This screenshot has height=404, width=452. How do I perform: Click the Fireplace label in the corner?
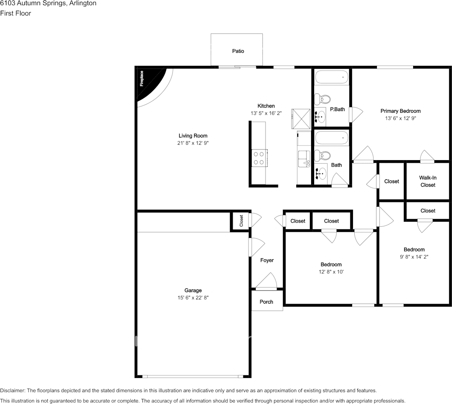142,79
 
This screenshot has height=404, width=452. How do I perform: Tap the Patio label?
238,51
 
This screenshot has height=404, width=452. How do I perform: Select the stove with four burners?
260,158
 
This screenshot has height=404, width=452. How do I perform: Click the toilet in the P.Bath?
322,99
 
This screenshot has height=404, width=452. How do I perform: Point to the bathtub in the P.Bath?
332,77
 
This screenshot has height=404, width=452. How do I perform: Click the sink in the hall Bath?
320,173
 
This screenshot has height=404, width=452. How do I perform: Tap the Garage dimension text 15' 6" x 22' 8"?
193,298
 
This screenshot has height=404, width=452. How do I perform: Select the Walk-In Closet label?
428,182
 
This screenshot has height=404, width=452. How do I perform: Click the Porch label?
266,302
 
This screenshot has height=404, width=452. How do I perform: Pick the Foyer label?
267,260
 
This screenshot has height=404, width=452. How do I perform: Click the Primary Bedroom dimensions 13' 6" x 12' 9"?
400,118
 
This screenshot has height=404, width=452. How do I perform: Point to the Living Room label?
193,135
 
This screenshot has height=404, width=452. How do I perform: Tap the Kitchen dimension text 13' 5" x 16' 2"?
266,113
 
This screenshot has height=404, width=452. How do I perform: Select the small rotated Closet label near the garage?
241,221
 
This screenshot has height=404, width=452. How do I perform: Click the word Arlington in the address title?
83,3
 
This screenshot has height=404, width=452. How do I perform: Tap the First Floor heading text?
15,13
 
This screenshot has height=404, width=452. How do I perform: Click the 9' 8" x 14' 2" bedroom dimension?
414,257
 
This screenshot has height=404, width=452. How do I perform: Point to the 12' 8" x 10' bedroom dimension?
331,272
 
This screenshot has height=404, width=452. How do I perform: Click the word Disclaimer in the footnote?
13,390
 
